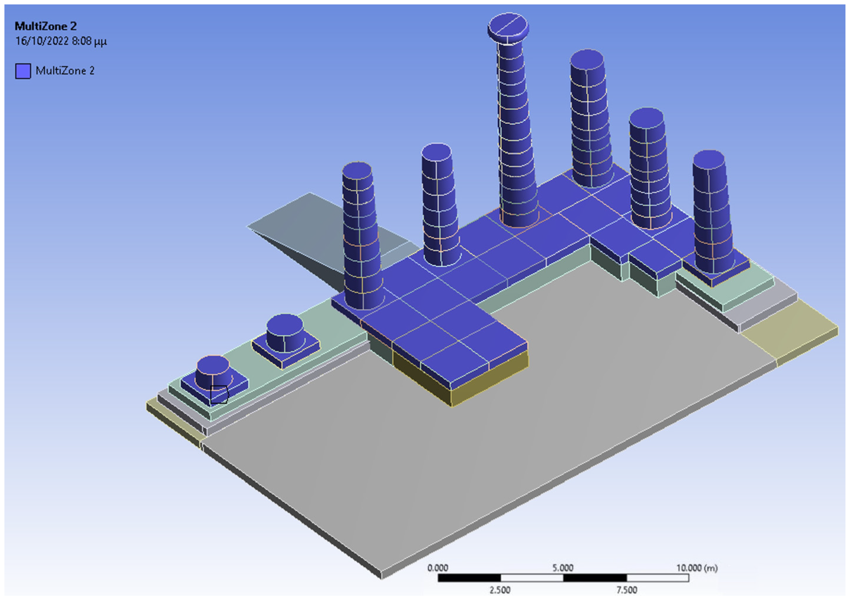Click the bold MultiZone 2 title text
(45, 26)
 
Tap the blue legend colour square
(23, 71)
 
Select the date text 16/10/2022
(42, 41)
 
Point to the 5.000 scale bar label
(563, 568)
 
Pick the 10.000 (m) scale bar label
(697, 568)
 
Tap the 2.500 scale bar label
(500, 590)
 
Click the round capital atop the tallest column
(508, 29)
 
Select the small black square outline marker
(219, 394)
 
